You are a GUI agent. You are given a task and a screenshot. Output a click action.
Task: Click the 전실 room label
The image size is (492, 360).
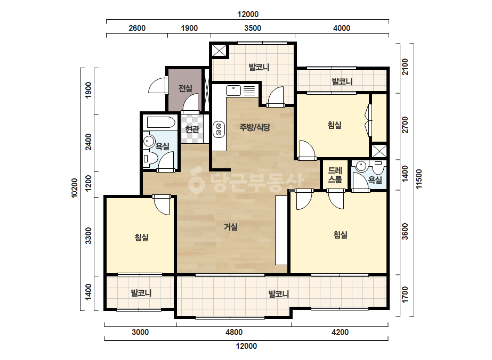[x=185, y=88]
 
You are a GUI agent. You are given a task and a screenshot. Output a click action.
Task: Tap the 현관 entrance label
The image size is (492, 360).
[x=192, y=129]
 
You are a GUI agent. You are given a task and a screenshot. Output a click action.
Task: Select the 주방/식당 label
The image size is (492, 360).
[x=255, y=127]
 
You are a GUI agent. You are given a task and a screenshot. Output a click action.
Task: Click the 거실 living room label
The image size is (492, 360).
[x=231, y=226]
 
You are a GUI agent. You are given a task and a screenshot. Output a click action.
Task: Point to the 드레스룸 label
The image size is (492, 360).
[x=335, y=175]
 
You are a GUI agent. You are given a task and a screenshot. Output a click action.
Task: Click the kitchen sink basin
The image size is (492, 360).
[x=233, y=91]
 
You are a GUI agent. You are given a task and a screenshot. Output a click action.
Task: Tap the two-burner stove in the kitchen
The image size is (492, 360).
[x=219, y=129]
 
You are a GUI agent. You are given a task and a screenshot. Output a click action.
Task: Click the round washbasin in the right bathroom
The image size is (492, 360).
[x=361, y=165]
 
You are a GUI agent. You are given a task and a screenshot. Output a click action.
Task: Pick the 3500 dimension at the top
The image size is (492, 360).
[x=253, y=28]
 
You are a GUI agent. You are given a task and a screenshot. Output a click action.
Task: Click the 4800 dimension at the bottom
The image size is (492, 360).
[x=234, y=332]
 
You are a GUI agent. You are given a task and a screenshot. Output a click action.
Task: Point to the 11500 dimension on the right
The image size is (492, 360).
[x=419, y=179]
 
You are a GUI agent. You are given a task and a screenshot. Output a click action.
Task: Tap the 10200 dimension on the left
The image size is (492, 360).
[x=75, y=188]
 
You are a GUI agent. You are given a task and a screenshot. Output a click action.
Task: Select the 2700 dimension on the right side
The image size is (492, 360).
[x=405, y=125]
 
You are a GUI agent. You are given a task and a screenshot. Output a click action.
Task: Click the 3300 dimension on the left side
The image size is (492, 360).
[x=88, y=236]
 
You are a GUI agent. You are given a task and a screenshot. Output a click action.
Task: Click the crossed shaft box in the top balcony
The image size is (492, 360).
[x=219, y=50]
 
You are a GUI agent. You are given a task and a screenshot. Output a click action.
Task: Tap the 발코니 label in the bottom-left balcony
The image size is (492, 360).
[x=141, y=293]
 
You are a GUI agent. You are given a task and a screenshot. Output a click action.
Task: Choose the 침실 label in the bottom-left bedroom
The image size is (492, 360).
[x=141, y=237]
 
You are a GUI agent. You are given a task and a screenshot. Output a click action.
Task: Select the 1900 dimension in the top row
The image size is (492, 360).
[x=189, y=28]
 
